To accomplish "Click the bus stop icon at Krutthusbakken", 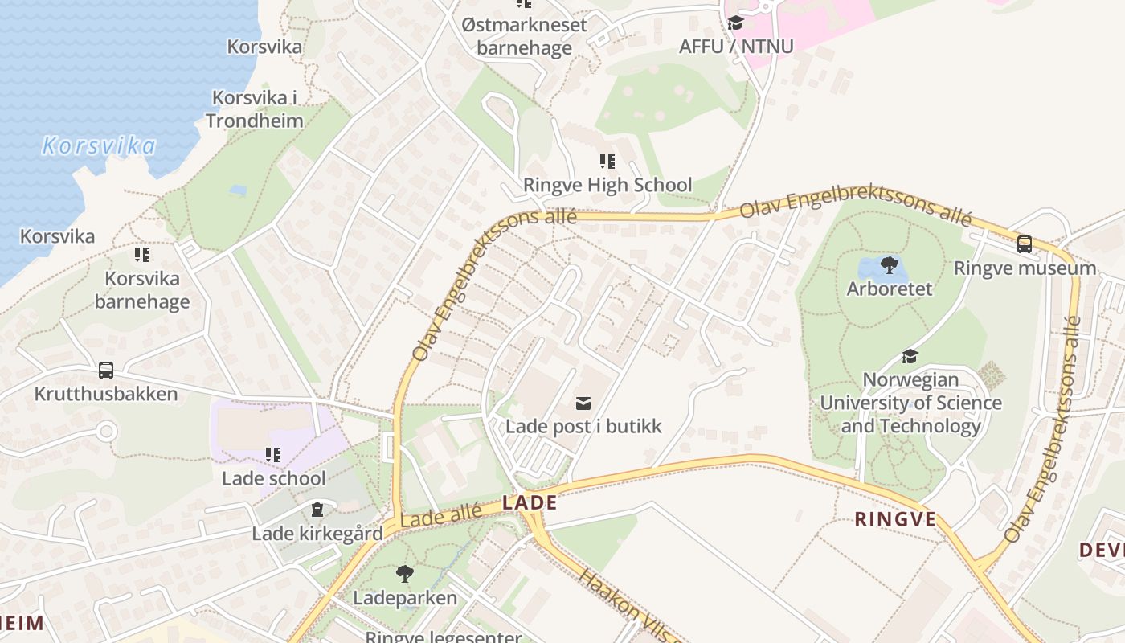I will click(x=106, y=371).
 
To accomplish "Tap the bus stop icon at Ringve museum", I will click(x=1025, y=244).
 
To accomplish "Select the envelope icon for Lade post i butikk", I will click(x=583, y=403).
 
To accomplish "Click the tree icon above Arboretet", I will click(x=890, y=264).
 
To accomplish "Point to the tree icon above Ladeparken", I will click(x=405, y=574).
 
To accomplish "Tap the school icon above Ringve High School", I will click(x=607, y=162).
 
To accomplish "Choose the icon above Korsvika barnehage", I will click(x=142, y=255).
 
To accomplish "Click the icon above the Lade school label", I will click(x=273, y=455).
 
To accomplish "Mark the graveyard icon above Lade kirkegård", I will click(x=317, y=510).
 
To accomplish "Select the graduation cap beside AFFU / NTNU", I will click(x=735, y=23).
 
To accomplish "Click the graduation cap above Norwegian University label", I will click(x=910, y=355).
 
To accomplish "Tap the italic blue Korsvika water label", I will click(x=99, y=146).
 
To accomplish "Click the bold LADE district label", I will click(x=530, y=503).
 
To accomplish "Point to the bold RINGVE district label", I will click(x=895, y=519).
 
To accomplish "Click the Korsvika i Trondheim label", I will click(x=254, y=109).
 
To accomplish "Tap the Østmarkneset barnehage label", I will click(x=525, y=36).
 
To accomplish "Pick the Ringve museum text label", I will click(x=1025, y=268).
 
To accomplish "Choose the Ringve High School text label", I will click(x=607, y=186).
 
